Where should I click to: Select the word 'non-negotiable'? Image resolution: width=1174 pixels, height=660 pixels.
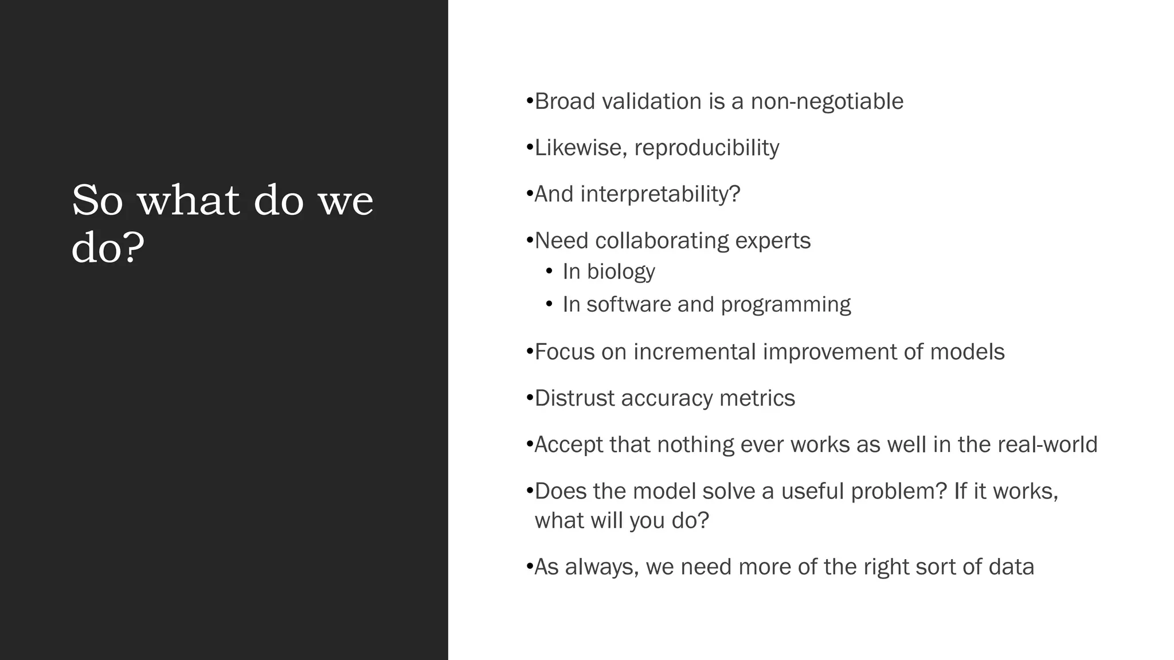point(827,102)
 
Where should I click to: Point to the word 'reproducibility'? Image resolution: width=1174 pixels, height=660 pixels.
point(706,148)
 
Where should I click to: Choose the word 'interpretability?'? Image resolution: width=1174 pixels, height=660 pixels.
point(660,195)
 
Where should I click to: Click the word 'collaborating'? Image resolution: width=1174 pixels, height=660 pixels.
point(662,241)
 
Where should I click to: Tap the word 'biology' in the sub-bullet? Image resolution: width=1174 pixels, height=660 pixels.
point(621,272)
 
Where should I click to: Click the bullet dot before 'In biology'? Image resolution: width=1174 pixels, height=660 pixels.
point(550,271)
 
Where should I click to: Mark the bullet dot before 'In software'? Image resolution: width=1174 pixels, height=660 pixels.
point(550,304)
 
